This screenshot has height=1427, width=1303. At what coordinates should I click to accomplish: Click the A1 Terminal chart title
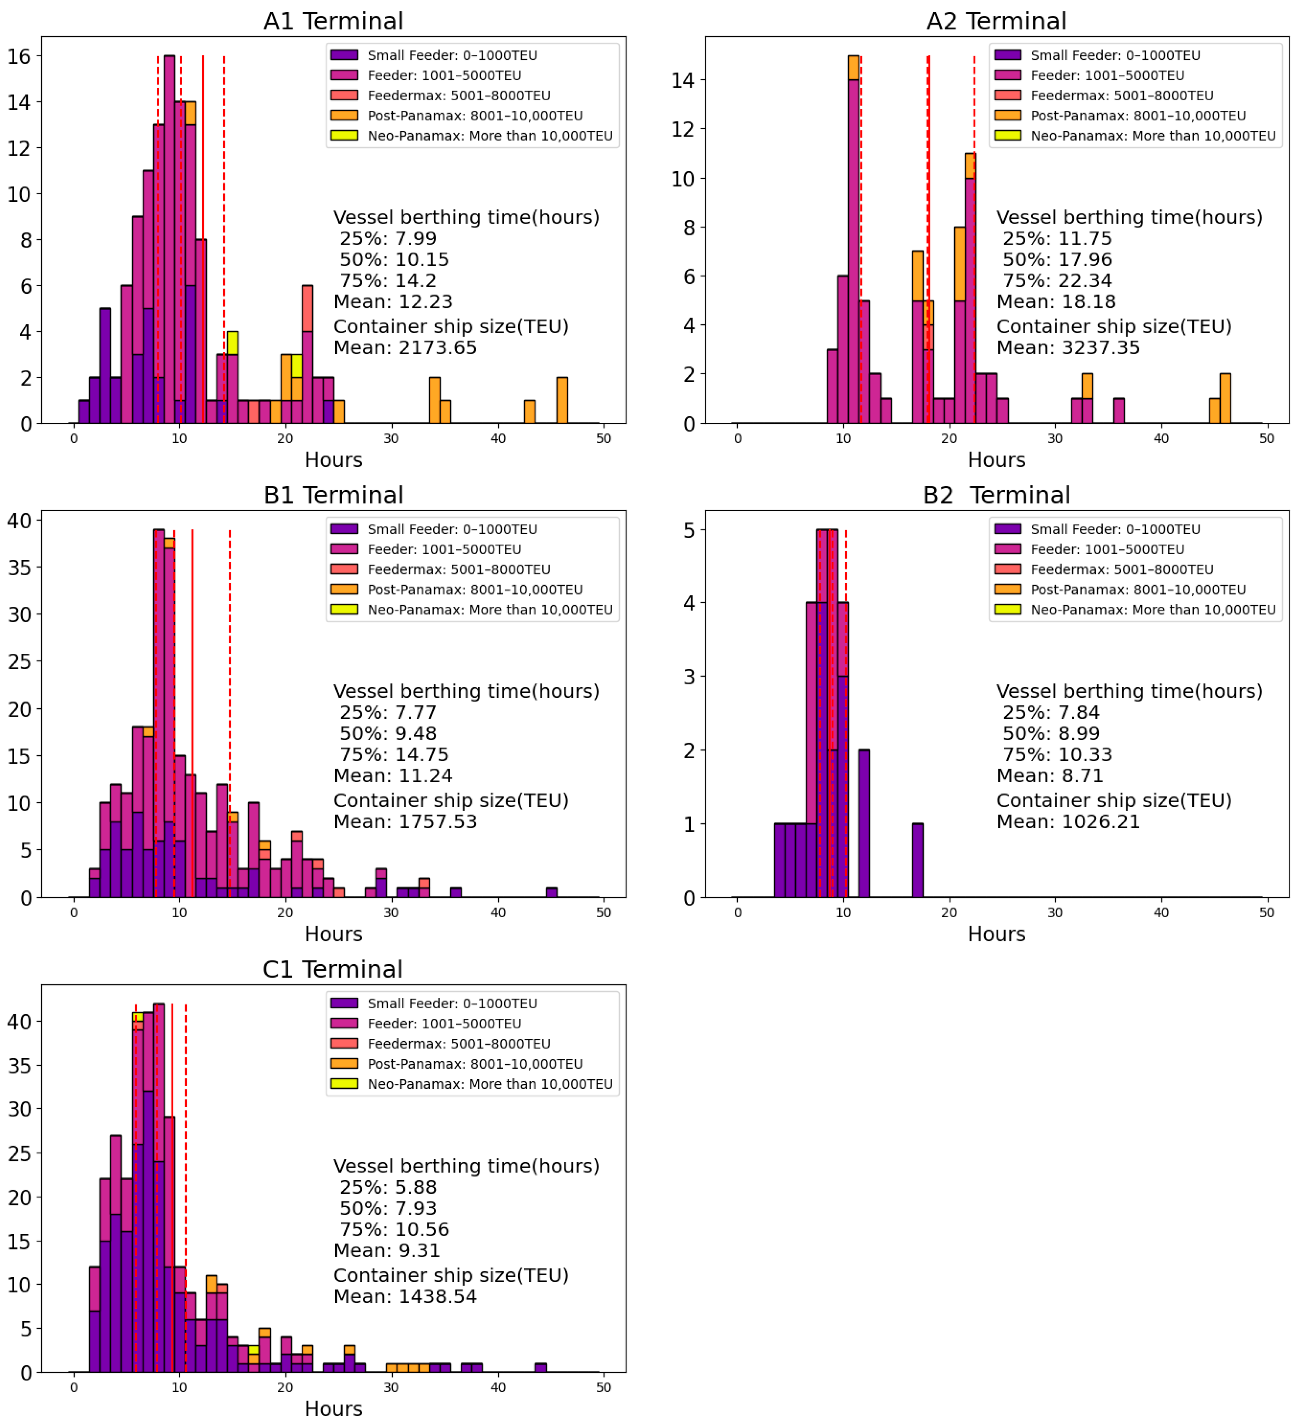click(333, 21)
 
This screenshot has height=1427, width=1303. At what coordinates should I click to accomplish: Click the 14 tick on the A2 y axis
click(683, 80)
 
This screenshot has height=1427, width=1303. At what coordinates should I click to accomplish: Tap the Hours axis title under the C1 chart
click(333, 1409)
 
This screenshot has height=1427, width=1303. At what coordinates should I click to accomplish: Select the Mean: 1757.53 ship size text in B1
click(405, 822)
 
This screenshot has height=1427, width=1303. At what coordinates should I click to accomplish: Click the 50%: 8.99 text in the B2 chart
click(1051, 733)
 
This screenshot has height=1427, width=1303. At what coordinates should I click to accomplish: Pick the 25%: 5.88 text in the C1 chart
click(388, 1187)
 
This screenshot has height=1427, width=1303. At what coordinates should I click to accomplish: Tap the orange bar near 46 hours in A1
click(562, 401)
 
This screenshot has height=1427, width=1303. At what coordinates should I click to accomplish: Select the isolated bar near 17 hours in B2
click(917, 861)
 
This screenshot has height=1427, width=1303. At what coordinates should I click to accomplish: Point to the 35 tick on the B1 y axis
click(19, 568)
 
